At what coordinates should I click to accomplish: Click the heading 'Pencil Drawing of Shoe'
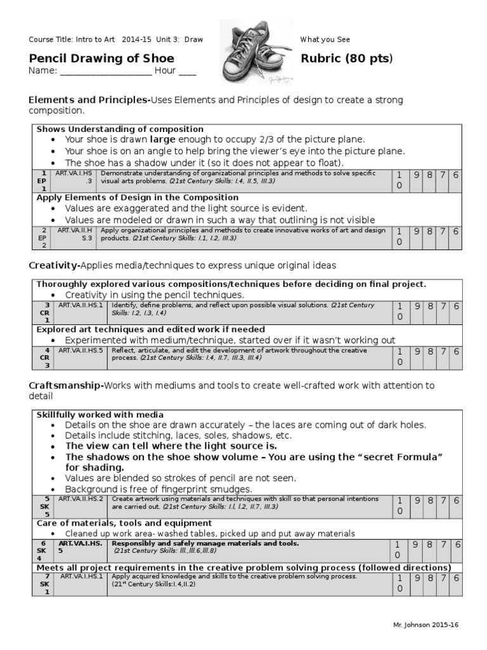click(x=101, y=59)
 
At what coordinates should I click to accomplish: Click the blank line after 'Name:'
click(x=106, y=71)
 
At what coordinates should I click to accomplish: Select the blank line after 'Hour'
click(x=187, y=71)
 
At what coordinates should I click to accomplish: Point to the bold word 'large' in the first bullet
click(x=162, y=139)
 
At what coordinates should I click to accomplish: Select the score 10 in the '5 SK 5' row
click(x=399, y=506)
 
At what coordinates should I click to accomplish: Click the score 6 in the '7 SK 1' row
click(x=456, y=578)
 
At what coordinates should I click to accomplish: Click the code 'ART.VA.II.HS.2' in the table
click(x=80, y=499)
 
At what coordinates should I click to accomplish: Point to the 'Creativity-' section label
click(x=55, y=265)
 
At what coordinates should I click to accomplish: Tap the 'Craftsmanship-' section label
click(x=66, y=385)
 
